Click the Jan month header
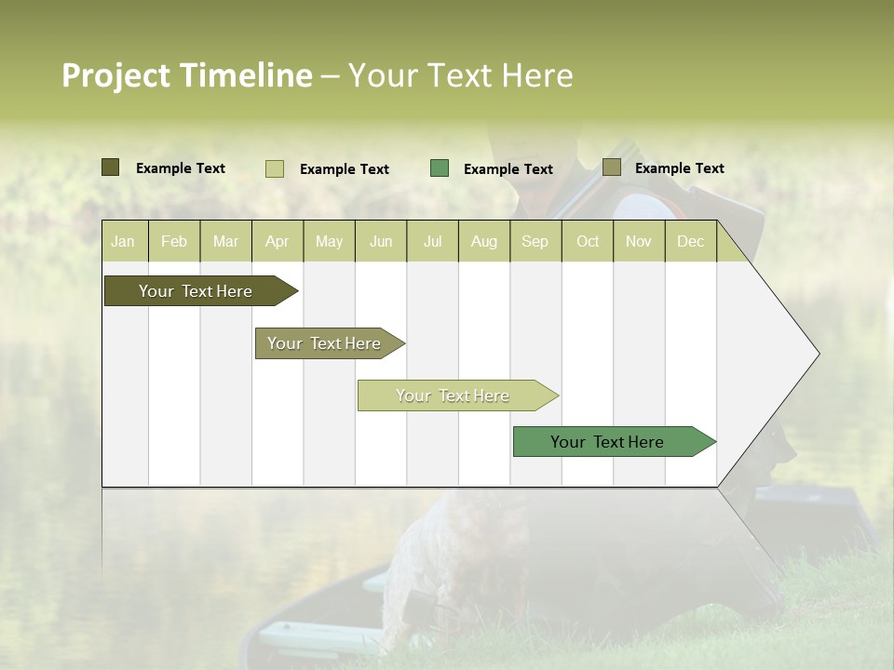pyautogui.click(x=123, y=241)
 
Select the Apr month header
pyautogui.click(x=278, y=241)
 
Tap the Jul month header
pyautogui.click(x=432, y=241)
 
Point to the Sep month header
pyautogui.click(x=535, y=241)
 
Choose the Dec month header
pyautogui.click(x=690, y=241)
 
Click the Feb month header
pyautogui.click(x=174, y=241)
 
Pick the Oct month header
pyautogui.click(x=588, y=241)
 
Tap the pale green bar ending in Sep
pyautogui.click(x=455, y=395)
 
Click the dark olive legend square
pyautogui.click(x=110, y=167)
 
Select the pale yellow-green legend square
pyautogui.click(x=274, y=168)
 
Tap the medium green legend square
pyautogui.click(x=440, y=168)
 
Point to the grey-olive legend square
pyautogui.click(x=611, y=167)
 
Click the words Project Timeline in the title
pyautogui.click(x=186, y=75)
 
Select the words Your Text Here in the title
pyautogui.click(x=460, y=75)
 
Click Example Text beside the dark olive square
pyautogui.click(x=181, y=168)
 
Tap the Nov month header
pyautogui.click(x=639, y=241)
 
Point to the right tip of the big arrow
pyautogui.click(x=817, y=354)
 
